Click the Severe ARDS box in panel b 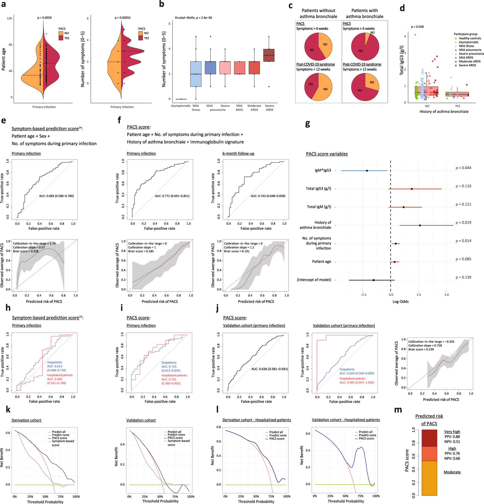(269, 55)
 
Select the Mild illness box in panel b (195, 74)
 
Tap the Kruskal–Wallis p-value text (193, 18)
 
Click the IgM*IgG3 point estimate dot (367, 171)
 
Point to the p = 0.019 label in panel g (463, 223)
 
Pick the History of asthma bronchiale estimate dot (420, 226)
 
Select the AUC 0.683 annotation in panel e (56, 196)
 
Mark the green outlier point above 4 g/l (415, 35)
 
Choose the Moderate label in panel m (452, 472)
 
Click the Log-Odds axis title (400, 301)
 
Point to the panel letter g (307, 124)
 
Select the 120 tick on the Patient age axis (10, 18)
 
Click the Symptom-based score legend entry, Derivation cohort (63, 443)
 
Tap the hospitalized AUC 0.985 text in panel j (356, 382)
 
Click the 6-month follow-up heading (238, 153)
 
